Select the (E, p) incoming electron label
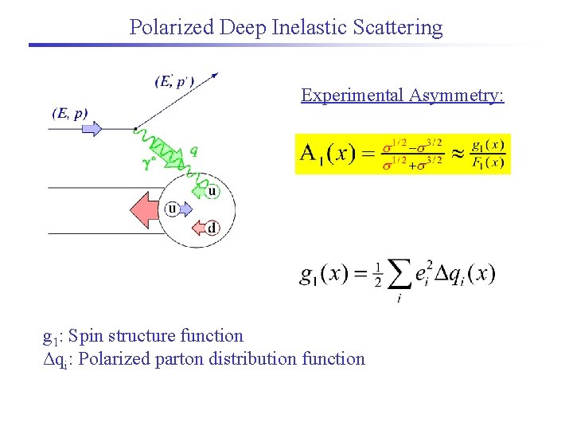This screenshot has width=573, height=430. (x=70, y=113)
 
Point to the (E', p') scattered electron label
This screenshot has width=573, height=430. (x=173, y=80)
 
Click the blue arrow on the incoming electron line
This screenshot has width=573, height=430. (x=92, y=128)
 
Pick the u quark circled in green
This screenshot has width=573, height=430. (x=212, y=190)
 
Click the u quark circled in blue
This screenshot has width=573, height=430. (x=172, y=209)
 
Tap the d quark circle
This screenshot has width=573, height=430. (x=211, y=229)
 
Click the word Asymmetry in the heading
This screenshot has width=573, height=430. (x=457, y=96)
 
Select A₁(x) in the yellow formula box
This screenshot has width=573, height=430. (x=328, y=153)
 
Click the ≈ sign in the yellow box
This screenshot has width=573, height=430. (x=457, y=153)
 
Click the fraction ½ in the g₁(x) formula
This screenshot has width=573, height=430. (x=377, y=276)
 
